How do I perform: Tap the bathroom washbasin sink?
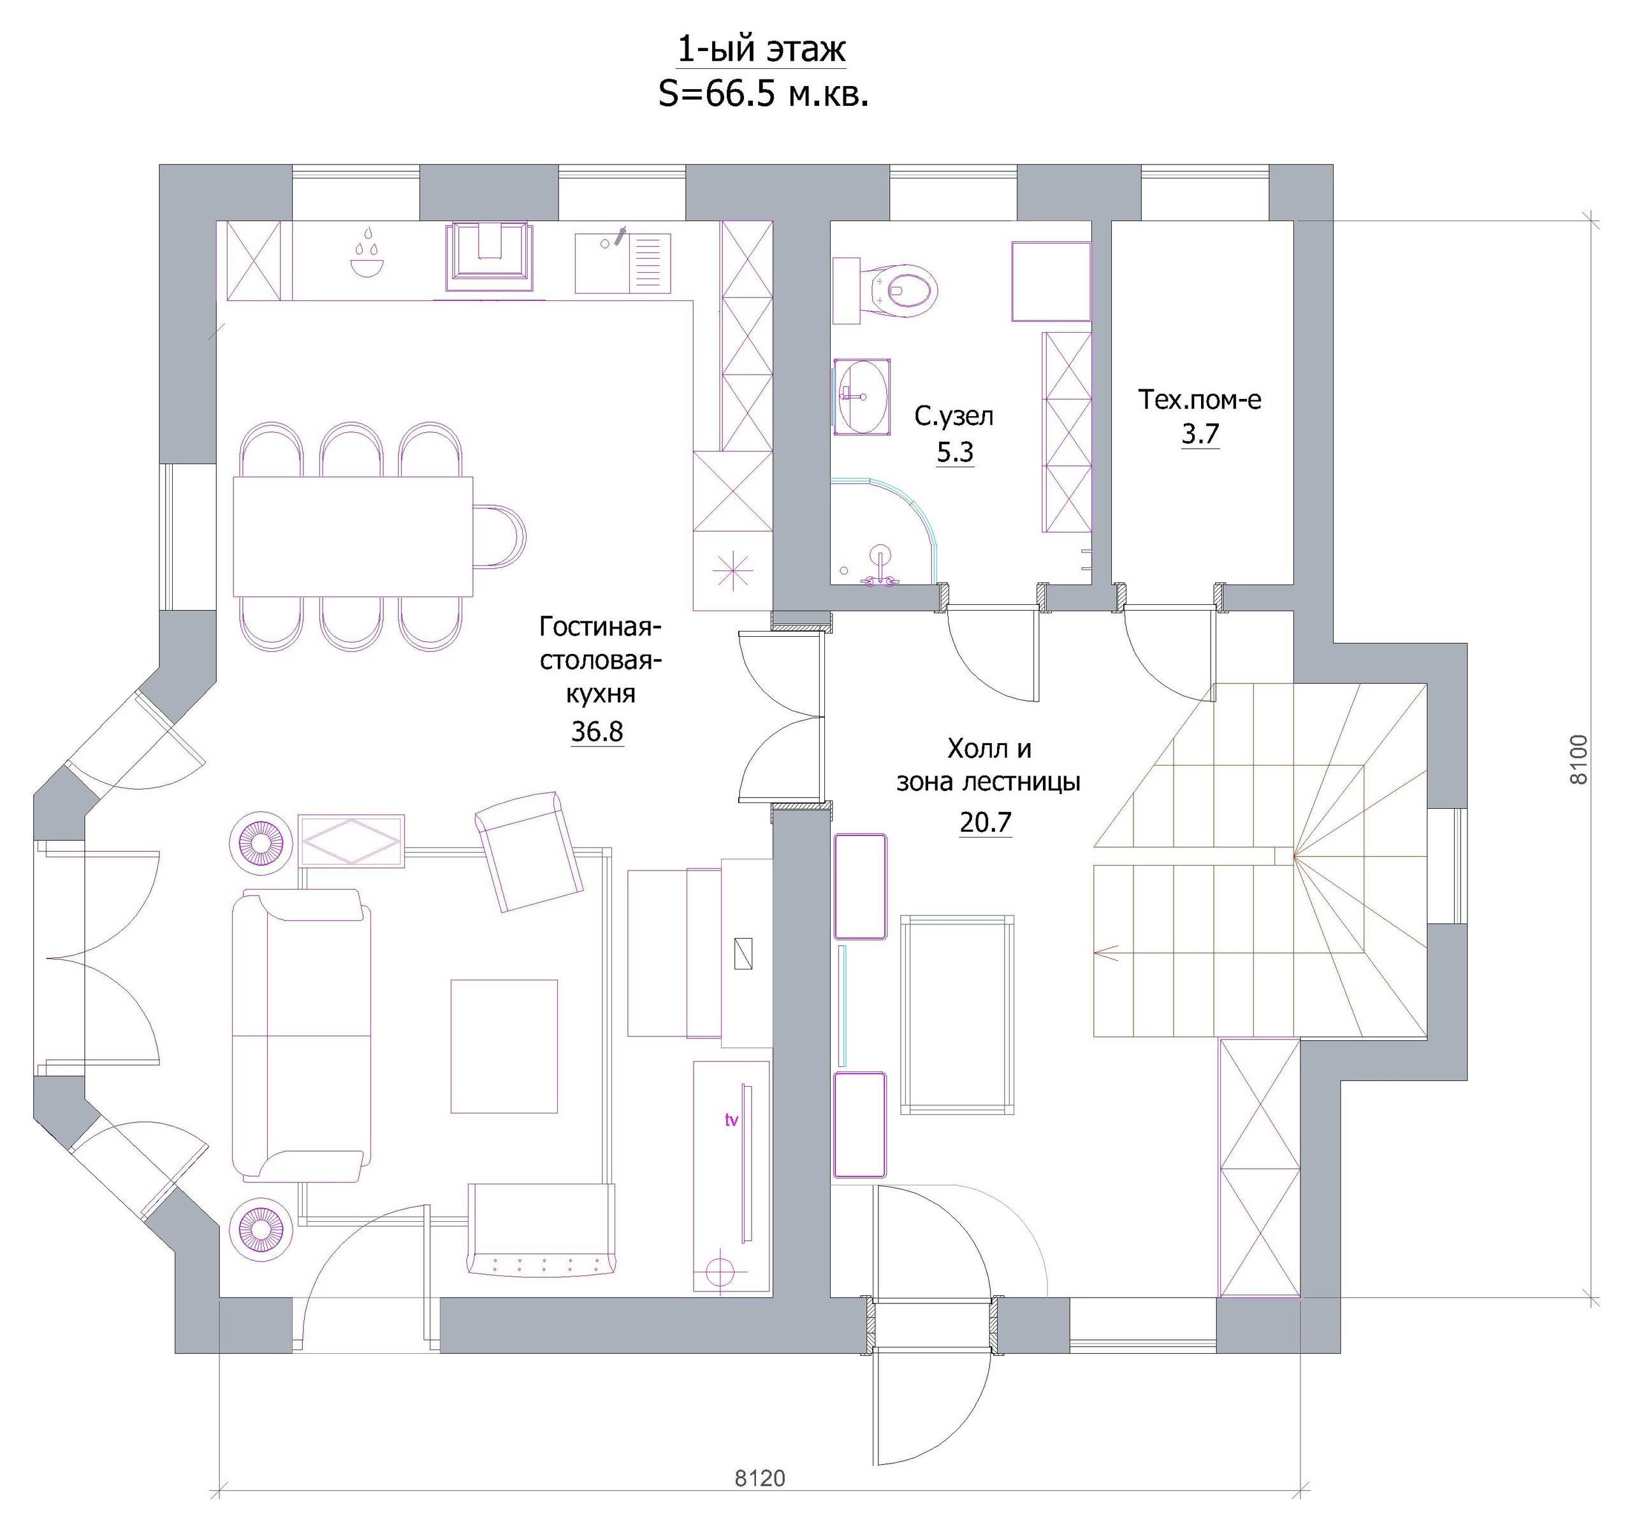(862, 396)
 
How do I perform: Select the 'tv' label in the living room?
(731, 1120)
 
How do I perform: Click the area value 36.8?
(597, 730)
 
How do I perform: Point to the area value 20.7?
(985, 821)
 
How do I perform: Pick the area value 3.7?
(1200, 433)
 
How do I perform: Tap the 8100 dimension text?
(1578, 759)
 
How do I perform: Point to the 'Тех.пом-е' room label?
(1199, 399)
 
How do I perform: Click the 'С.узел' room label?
(954, 416)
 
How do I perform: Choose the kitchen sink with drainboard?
(622, 263)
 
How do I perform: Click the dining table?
(353, 536)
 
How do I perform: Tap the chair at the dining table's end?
(499, 536)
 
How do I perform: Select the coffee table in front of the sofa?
(504, 1046)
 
